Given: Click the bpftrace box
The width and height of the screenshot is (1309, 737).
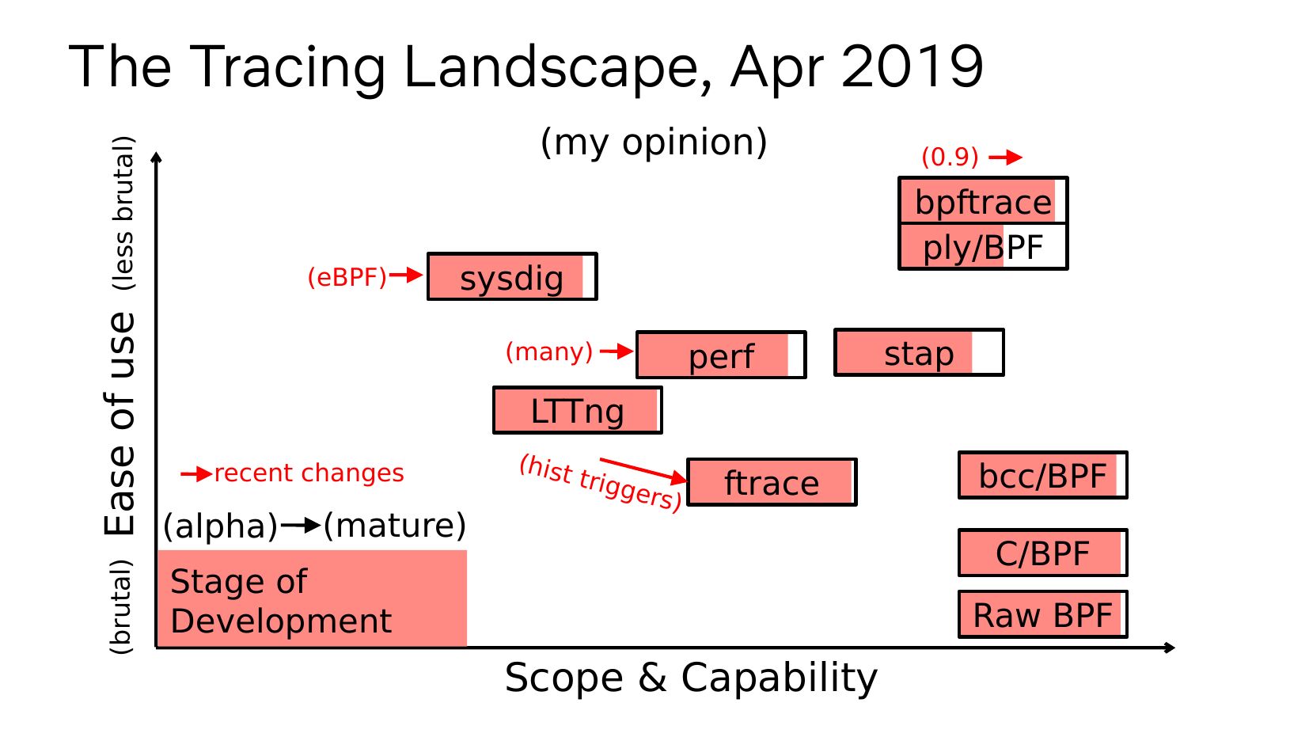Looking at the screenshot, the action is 983,200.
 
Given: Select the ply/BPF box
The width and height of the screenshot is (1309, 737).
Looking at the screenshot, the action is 983,246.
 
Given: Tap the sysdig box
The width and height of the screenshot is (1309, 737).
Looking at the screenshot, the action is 512,276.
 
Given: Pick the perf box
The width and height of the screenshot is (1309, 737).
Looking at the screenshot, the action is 721,355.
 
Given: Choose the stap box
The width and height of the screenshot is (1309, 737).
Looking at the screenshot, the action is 919,352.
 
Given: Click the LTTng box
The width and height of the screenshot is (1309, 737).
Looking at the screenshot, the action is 578,410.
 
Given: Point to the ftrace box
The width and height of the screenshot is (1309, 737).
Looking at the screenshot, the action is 772,482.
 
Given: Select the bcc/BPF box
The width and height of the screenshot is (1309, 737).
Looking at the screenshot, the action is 1042,475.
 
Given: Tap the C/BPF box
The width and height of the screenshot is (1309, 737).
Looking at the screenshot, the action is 1042,553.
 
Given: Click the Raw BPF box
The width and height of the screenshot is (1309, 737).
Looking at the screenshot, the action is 1042,614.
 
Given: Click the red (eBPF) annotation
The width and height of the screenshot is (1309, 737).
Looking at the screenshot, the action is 347,276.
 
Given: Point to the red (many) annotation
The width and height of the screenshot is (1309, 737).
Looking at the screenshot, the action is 548,351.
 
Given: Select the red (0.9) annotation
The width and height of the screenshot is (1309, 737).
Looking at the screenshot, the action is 950,157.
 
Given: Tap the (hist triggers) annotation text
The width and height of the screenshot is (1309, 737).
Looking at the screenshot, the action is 600,483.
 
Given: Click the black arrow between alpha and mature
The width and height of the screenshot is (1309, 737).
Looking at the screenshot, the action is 301,526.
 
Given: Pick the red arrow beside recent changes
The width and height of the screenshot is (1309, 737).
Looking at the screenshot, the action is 196,474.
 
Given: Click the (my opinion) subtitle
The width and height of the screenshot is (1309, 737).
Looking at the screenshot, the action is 654,142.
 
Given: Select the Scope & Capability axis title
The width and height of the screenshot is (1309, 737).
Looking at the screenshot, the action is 691,678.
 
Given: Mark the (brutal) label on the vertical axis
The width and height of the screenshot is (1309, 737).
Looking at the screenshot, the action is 122,606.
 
